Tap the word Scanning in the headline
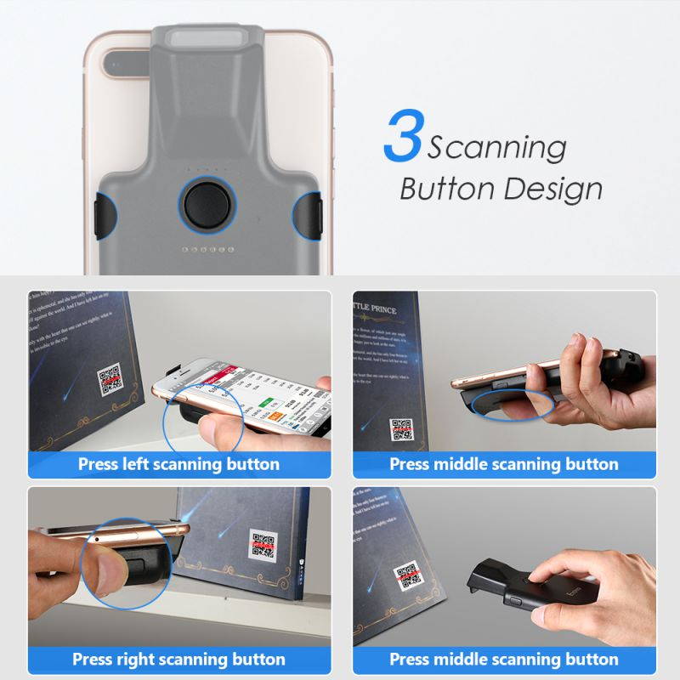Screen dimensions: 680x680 coord(496,148)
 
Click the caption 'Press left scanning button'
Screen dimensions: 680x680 coord(178,464)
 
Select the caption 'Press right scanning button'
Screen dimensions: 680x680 coord(178,659)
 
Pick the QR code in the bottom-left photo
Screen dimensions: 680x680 coord(263,543)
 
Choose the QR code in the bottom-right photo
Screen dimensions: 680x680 coord(407,578)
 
